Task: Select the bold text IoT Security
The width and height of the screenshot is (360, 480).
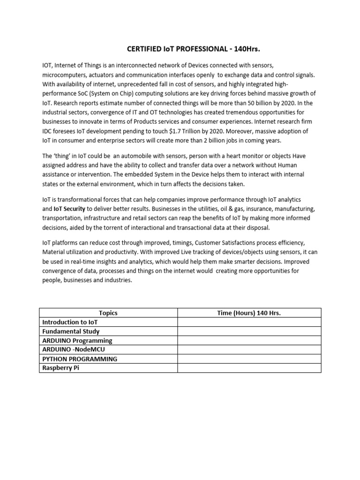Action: tap(71, 209)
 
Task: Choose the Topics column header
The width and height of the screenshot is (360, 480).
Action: tap(108, 313)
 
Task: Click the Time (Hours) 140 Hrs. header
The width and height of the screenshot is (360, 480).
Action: tap(249, 313)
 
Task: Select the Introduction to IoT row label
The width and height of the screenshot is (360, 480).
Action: tap(70, 322)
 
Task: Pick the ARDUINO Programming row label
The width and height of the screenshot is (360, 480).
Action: tap(77, 341)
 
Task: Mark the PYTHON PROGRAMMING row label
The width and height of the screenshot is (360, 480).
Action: tap(80, 359)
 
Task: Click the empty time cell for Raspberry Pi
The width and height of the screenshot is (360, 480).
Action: tap(249, 368)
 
